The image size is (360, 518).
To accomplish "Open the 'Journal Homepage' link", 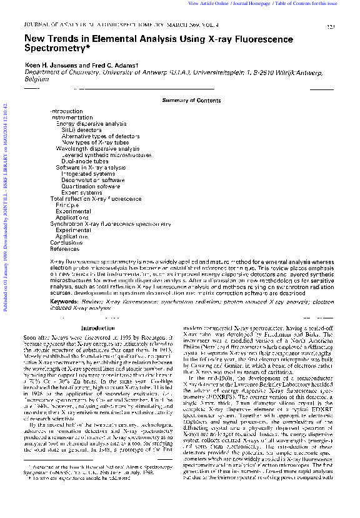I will tap(257, 4).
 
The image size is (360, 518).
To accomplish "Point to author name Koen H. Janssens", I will tap(47, 64).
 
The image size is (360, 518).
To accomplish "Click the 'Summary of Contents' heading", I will tap(191, 100).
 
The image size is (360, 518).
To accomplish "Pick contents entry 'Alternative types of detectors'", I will tap(101, 136).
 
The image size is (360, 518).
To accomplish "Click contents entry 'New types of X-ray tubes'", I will tap(95, 143).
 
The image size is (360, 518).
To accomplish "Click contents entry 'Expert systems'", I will tap(81, 193).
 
